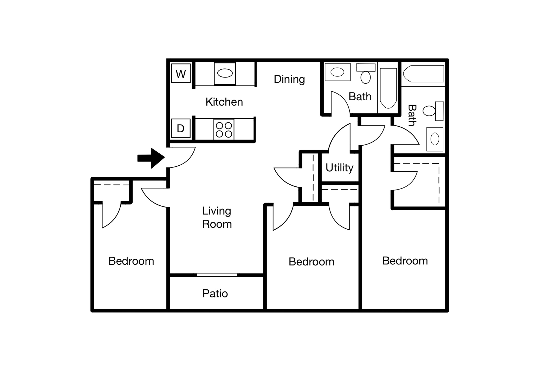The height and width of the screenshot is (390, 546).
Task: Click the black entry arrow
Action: pyautogui.click(x=151, y=158)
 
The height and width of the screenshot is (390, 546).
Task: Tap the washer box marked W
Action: pyautogui.click(x=181, y=74)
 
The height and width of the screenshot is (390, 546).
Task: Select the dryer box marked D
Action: pyautogui.click(x=181, y=128)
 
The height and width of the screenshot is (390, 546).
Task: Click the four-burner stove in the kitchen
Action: pyautogui.click(x=224, y=129)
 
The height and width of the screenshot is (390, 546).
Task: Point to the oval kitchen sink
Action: pyautogui.click(x=225, y=73)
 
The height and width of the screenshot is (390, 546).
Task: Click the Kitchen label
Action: pyautogui.click(x=224, y=102)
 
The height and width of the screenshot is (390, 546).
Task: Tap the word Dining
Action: pyautogui.click(x=289, y=79)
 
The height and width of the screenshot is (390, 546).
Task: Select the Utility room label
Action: pyautogui.click(x=340, y=168)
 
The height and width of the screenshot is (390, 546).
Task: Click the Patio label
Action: pyautogui.click(x=215, y=294)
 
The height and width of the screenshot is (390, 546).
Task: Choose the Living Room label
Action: pyautogui.click(x=217, y=217)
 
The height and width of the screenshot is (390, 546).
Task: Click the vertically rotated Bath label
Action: pyautogui.click(x=412, y=115)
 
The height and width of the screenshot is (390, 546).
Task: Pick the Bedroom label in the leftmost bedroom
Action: pyautogui.click(x=131, y=261)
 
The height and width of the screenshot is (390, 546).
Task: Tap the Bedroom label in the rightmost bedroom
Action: pyautogui.click(x=405, y=261)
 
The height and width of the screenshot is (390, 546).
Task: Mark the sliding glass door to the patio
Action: pyautogui.click(x=217, y=275)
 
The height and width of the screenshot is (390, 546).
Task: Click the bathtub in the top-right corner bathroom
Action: pyautogui.click(x=424, y=74)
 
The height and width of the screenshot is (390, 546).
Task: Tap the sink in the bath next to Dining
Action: pyautogui.click(x=337, y=72)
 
